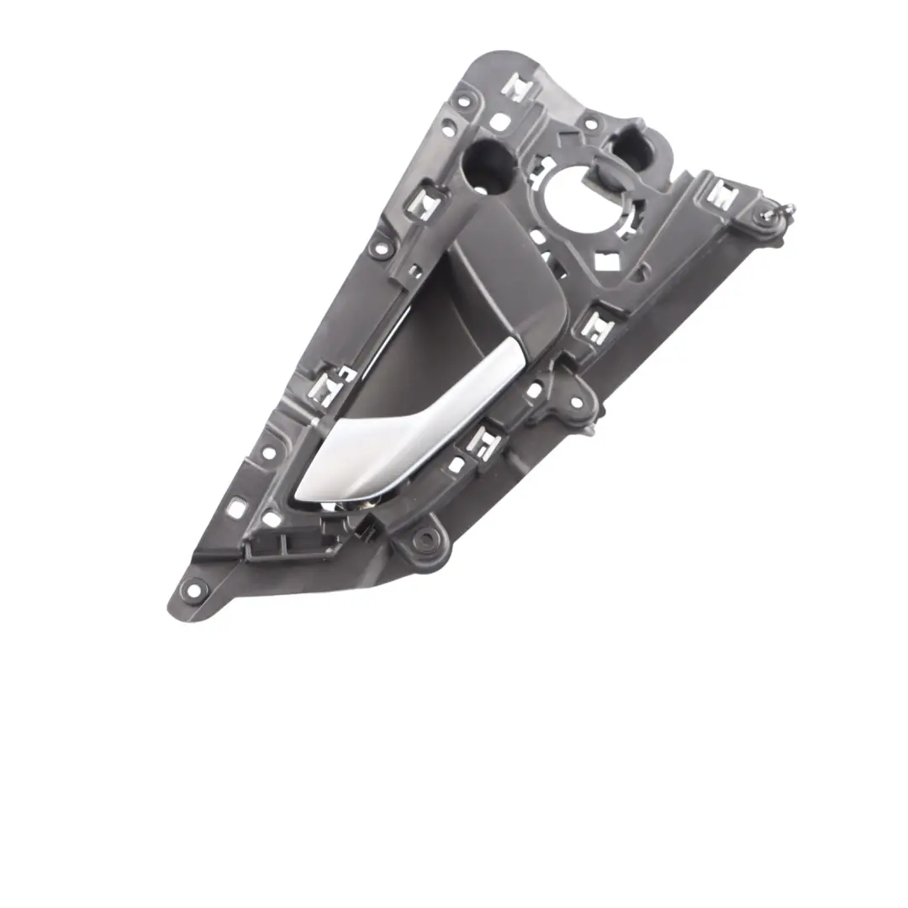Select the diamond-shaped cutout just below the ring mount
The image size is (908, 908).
pyautogui.click(x=609, y=261)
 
